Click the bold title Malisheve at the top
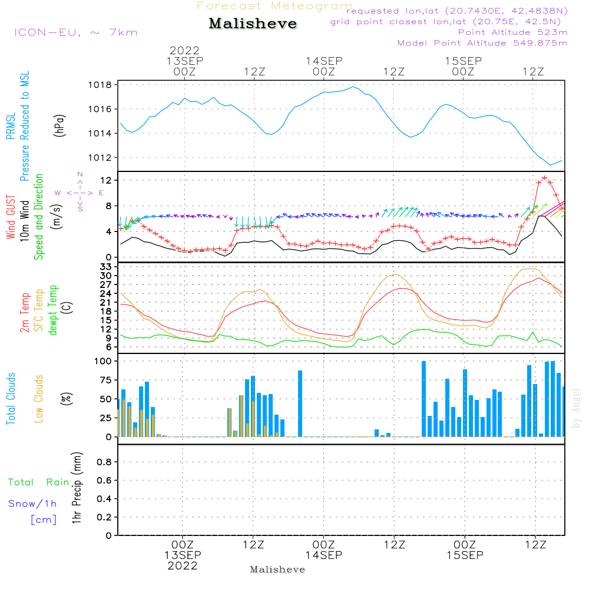(x=253, y=24)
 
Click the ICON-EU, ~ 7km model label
(x=75, y=32)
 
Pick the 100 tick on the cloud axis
(x=104, y=360)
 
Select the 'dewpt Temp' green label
(x=53, y=310)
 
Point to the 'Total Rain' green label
(x=38, y=482)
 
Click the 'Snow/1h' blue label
(x=32, y=504)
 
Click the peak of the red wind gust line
(x=544, y=177)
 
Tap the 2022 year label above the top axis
(x=184, y=50)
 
